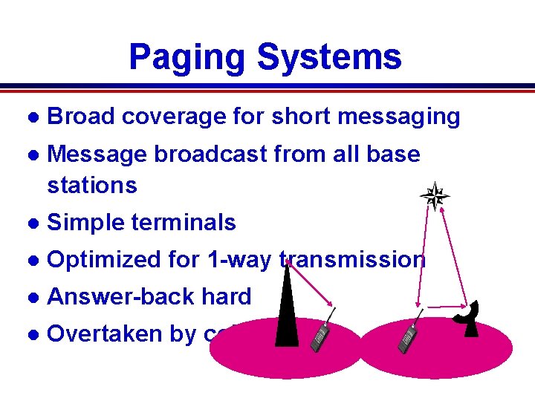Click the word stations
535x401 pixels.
[91, 185]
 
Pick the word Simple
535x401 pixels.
[82, 222]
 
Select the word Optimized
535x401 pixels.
[100, 259]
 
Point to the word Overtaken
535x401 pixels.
[97, 333]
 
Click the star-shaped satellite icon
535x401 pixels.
[435, 197]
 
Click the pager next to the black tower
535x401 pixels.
[320, 338]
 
